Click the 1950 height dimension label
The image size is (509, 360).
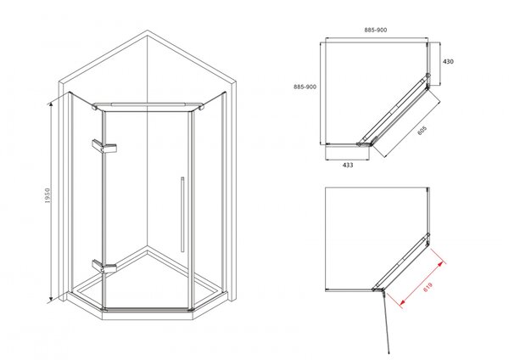coord(48,195)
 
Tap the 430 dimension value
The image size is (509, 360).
coord(448,61)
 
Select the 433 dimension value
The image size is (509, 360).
coord(348,165)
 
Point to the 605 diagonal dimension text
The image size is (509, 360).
coord(422,130)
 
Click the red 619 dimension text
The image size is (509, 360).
coord(428,287)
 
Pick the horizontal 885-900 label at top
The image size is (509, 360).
coord(376,30)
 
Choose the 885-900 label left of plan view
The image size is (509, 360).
coord(305,87)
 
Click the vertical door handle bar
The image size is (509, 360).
coord(182,215)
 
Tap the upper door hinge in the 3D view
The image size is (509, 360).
coord(104,147)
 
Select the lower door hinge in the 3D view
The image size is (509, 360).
coord(104,266)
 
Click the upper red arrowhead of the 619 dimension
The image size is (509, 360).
coord(439,264)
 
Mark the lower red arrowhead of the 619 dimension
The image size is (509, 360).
coord(403,302)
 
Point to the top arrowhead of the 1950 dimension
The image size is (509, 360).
coord(50,104)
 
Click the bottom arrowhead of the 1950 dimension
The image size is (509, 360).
coord(51,299)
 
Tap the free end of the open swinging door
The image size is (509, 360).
coord(389,352)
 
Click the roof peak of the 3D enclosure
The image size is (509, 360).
coord(148,31)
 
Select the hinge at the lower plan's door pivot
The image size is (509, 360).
coord(378,290)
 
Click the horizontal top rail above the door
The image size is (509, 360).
coord(148,105)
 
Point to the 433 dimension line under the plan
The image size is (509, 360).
coord(347,160)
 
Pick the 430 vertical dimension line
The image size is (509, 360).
coord(439,64)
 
